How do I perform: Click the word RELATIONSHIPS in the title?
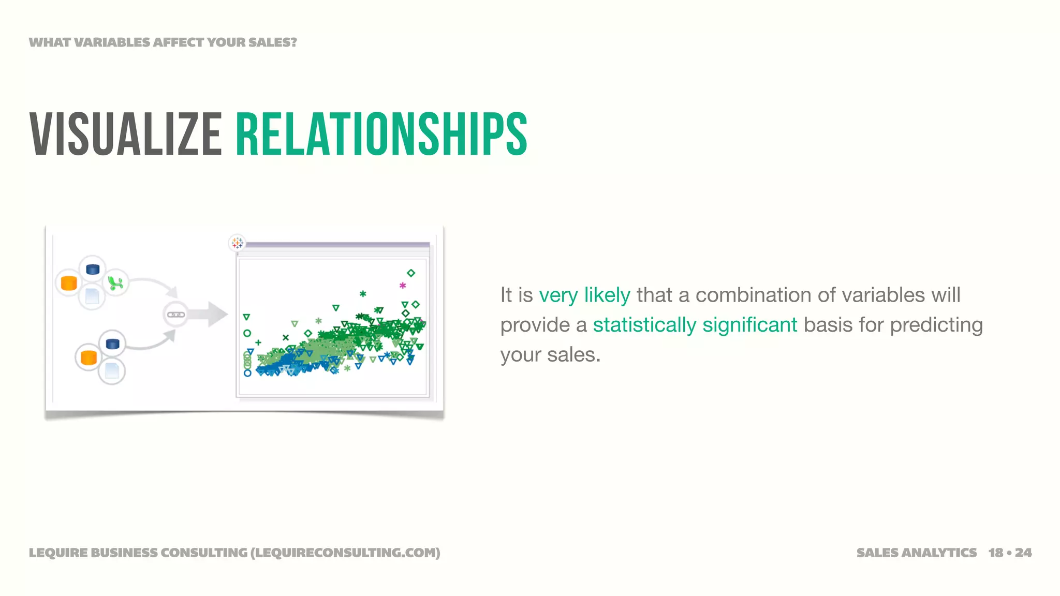coord(381,135)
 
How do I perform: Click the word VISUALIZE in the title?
coord(126,135)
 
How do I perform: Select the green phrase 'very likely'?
coord(584,295)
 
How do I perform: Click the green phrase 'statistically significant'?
coord(695,325)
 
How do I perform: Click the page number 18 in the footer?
coord(996,553)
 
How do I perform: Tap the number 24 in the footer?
coord(1023,553)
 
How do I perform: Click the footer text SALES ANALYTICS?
coord(916,553)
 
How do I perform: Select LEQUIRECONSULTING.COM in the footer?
coord(345,553)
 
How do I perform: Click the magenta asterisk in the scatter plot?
coord(403,285)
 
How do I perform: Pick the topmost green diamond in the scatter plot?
coord(411,273)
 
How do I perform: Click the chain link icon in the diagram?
coord(175,315)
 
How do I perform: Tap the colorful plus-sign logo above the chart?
coord(237,242)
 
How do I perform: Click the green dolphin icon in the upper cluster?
coord(115,283)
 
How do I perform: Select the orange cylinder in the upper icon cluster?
coord(69,283)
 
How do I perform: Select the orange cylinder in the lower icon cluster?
coord(89,357)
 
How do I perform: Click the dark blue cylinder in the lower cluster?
coord(112,344)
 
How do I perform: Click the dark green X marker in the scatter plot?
coord(285,337)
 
